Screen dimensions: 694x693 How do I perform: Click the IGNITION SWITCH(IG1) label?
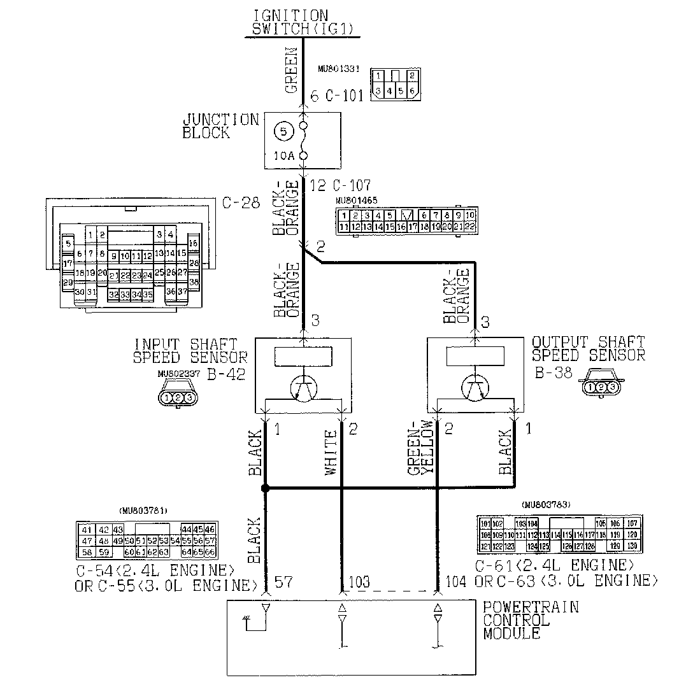pyautogui.click(x=301, y=22)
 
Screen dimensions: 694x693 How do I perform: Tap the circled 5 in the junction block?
pyautogui.click(x=283, y=132)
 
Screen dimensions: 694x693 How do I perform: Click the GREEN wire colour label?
pyautogui.click(x=292, y=70)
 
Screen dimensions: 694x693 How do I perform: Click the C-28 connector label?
pyautogui.click(x=242, y=203)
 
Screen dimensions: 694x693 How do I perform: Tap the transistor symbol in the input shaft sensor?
pyautogui.click(x=303, y=386)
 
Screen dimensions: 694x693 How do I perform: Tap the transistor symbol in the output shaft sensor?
pyautogui.click(x=475, y=386)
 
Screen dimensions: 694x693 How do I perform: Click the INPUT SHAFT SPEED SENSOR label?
pyautogui.click(x=190, y=351)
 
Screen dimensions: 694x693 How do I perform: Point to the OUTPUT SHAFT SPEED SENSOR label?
pyautogui.click(x=588, y=349)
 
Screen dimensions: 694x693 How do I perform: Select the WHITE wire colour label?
pyautogui.click(x=331, y=453)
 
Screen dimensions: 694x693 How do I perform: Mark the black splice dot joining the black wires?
pyautogui.click(x=265, y=488)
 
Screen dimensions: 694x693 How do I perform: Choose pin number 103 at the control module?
pyautogui.click(x=359, y=583)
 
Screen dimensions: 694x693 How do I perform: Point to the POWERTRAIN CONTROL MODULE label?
pyautogui.click(x=531, y=620)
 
